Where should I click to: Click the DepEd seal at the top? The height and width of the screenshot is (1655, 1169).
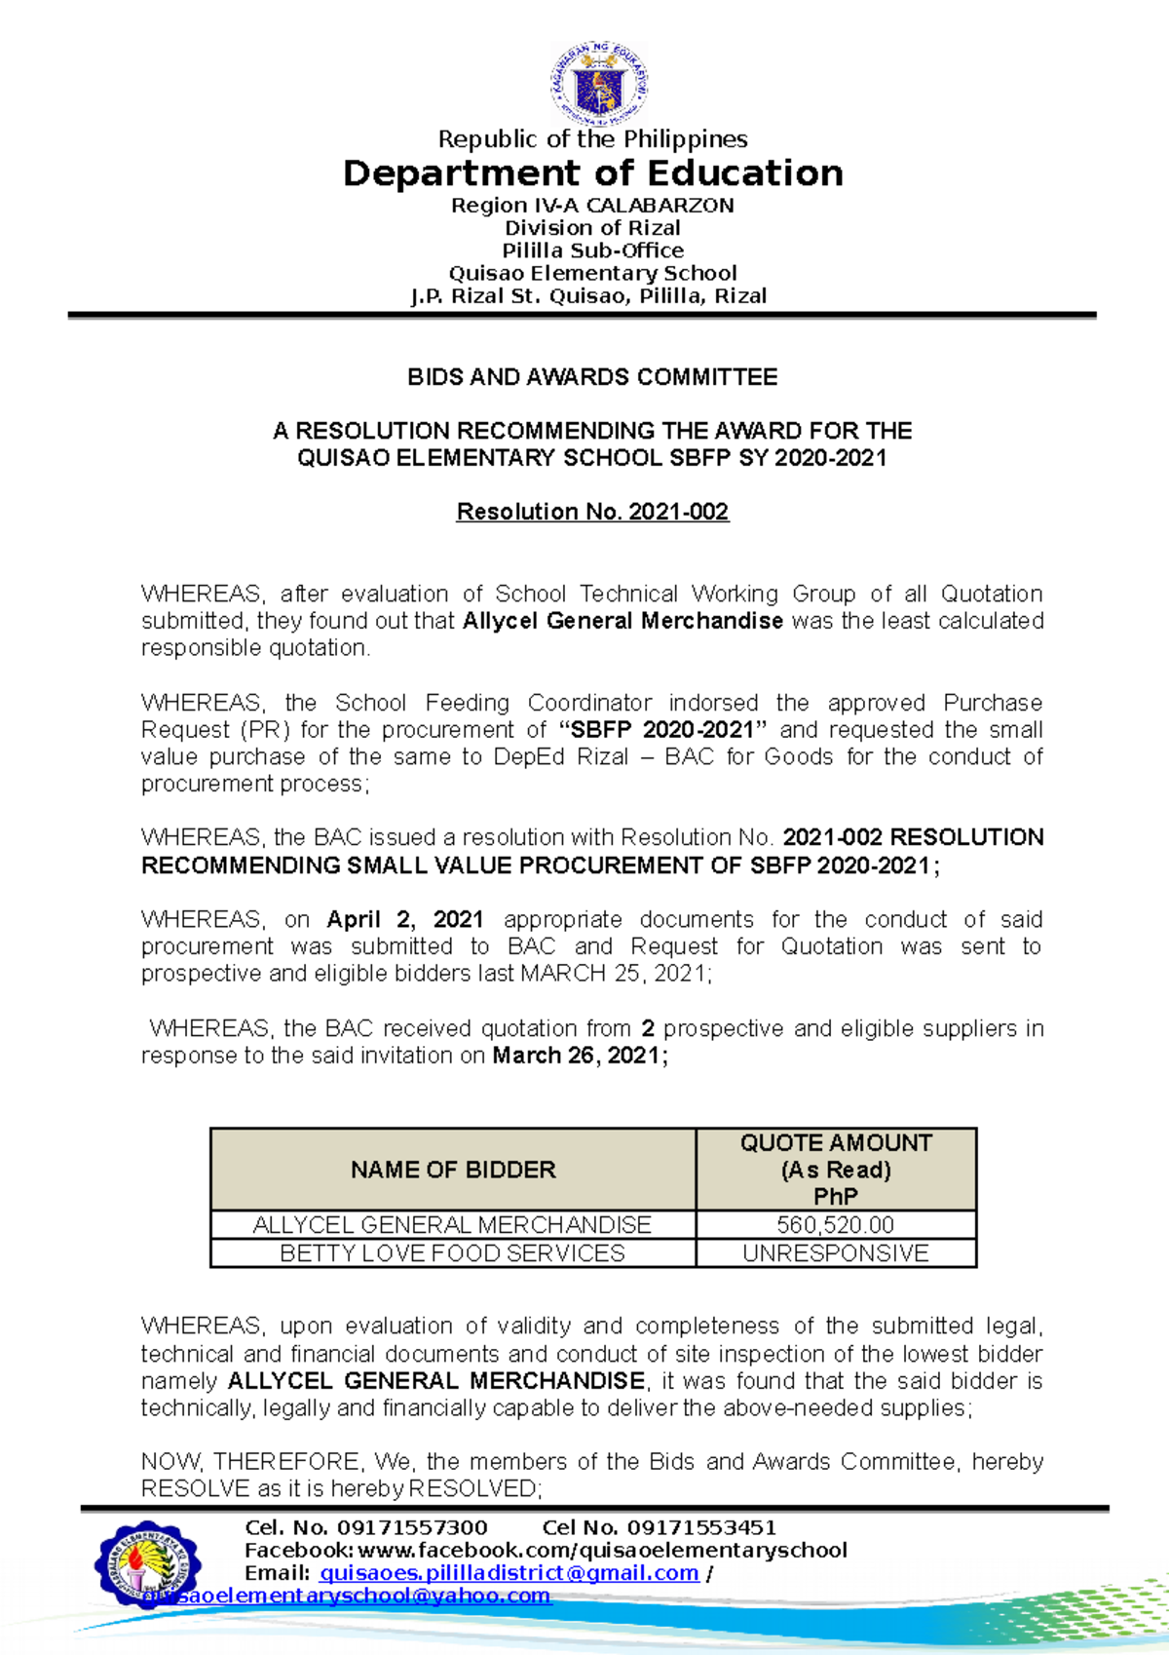click(597, 84)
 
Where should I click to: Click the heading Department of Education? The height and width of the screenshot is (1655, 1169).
click(592, 173)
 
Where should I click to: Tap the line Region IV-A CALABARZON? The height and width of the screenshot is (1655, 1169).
click(592, 206)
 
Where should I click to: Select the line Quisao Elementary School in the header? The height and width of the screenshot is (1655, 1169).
click(592, 273)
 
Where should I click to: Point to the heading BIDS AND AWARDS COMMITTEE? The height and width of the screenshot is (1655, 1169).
click(592, 377)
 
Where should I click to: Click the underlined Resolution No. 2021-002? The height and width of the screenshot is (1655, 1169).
click(592, 512)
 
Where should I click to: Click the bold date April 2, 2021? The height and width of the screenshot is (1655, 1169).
click(405, 919)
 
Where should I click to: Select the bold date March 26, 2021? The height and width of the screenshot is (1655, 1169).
click(580, 1056)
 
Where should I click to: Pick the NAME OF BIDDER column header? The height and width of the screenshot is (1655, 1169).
click(453, 1170)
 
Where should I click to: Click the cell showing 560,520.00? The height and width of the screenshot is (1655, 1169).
click(836, 1225)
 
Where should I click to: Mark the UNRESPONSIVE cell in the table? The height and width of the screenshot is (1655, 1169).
click(836, 1253)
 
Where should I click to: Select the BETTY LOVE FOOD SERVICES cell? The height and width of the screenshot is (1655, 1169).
click(453, 1253)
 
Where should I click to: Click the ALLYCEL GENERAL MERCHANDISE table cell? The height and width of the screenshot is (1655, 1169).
click(453, 1225)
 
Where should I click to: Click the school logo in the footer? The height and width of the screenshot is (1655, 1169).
click(148, 1565)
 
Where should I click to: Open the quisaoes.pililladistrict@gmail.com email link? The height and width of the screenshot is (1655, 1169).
click(509, 1573)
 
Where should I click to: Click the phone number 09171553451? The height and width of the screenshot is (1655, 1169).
click(701, 1527)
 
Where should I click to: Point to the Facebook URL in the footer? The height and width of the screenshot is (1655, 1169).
click(602, 1551)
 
